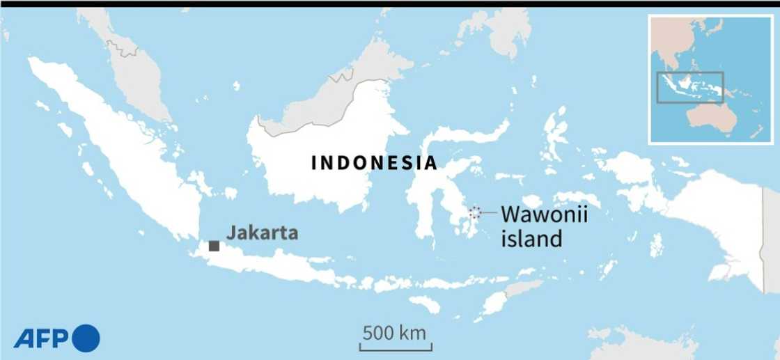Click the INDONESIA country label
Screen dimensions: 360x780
[x=374, y=164]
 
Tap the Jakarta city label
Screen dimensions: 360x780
[x=262, y=233]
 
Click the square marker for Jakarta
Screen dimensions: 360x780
[x=214, y=246]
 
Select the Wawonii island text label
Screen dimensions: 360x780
[x=544, y=226]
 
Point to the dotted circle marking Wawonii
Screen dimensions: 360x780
[x=474, y=212]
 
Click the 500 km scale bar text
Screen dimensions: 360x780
[x=394, y=332]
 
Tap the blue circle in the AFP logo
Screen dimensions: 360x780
[x=86, y=338]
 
